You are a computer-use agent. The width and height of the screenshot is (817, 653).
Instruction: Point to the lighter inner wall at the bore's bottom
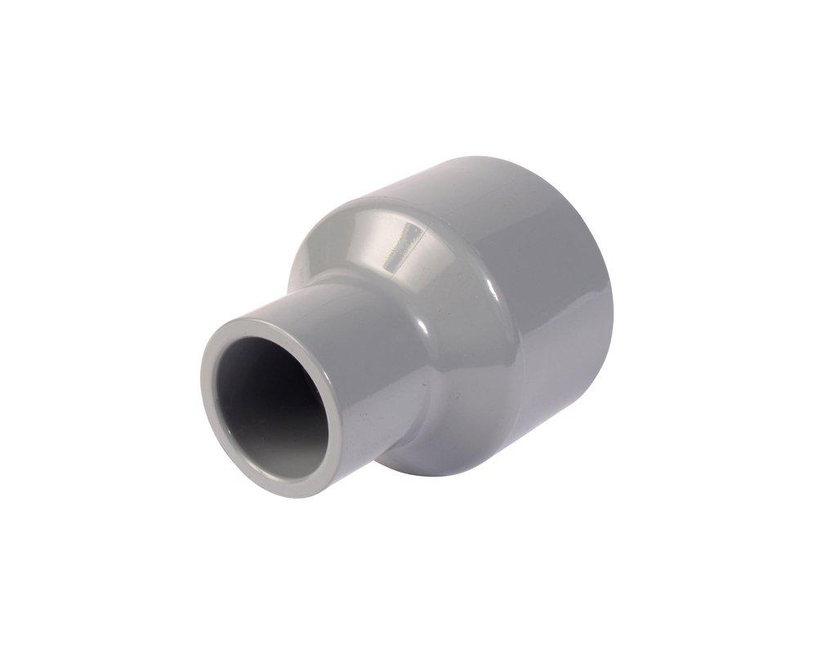(x=282, y=457)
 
